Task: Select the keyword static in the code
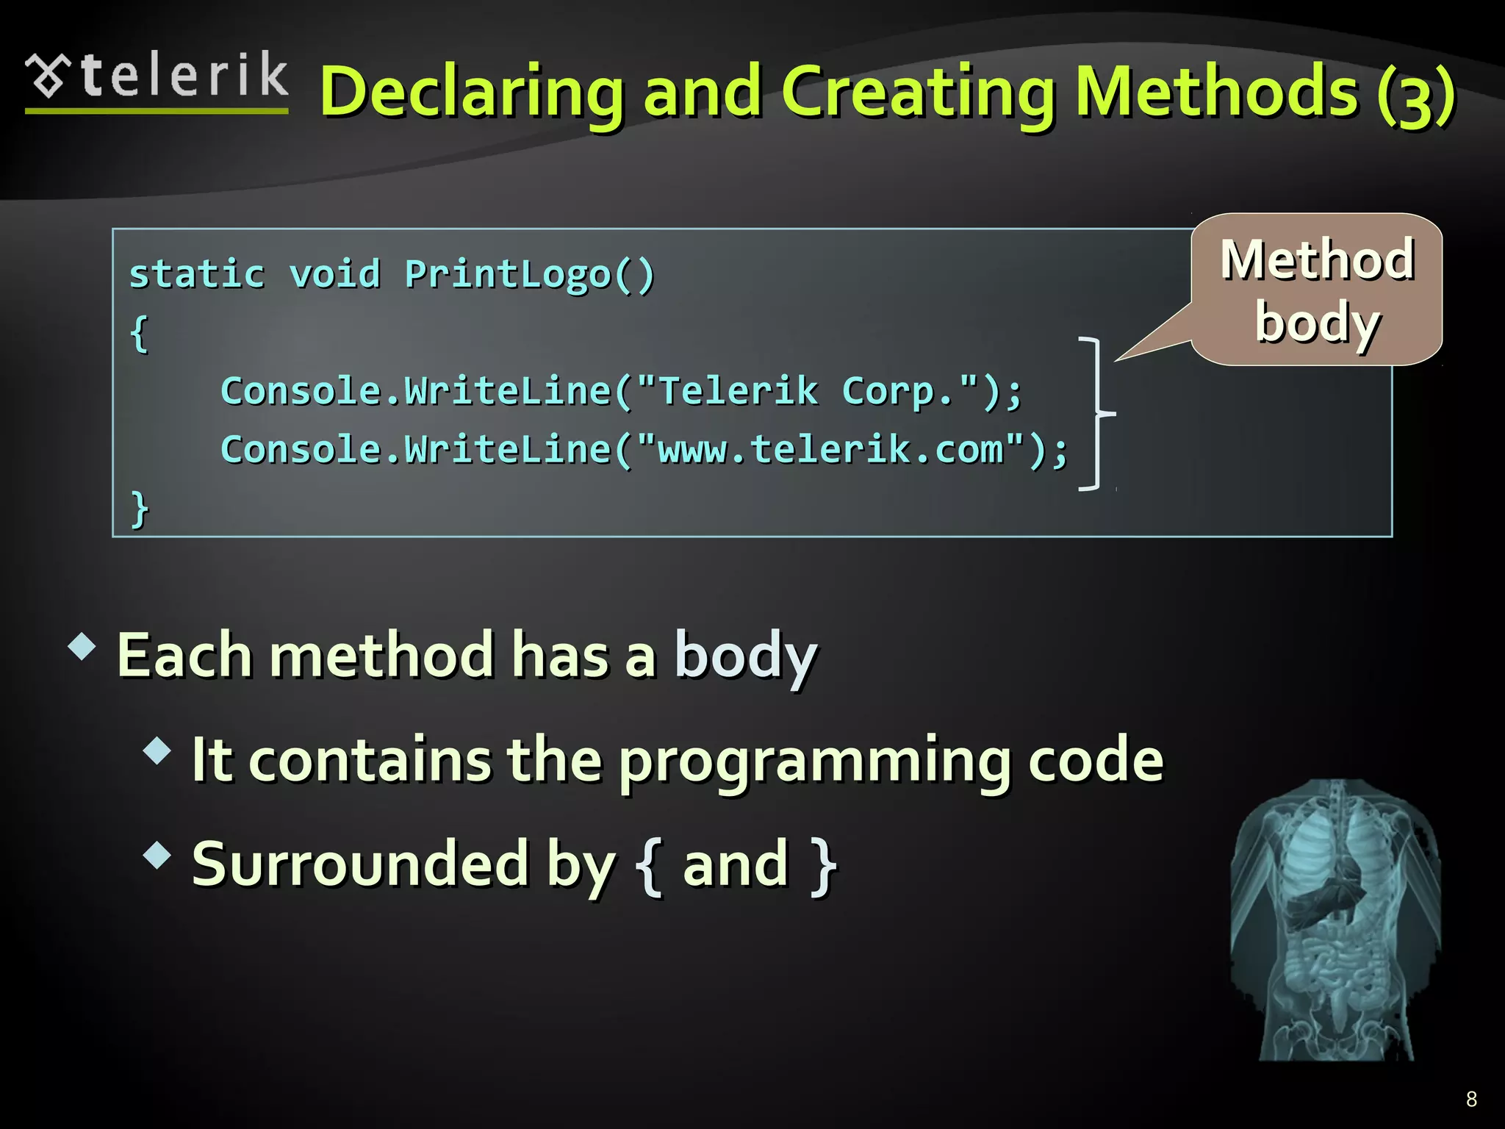point(197,275)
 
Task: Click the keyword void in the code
point(335,275)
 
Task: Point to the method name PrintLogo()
point(529,275)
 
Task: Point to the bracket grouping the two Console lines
point(1097,414)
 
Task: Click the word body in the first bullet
point(745,656)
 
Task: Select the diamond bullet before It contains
point(157,751)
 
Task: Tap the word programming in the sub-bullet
point(814,761)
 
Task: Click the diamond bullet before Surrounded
point(157,855)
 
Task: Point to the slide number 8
point(1471,1099)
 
